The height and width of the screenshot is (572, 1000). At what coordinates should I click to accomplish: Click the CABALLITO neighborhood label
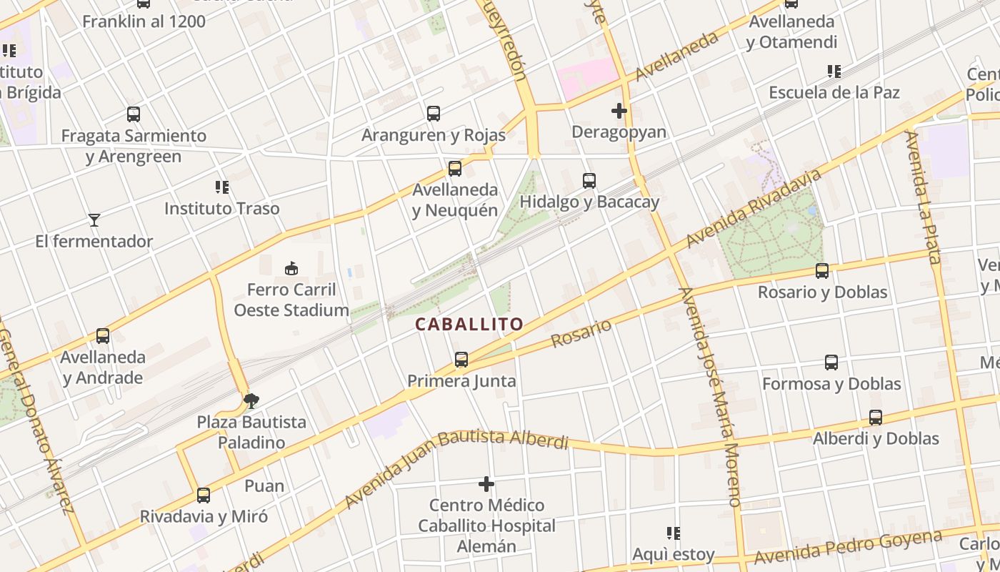469,324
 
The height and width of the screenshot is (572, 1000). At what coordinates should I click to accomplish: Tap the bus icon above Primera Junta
461,360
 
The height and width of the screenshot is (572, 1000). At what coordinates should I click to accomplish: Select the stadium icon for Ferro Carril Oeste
291,269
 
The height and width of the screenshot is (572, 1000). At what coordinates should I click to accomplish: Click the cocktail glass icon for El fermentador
94,220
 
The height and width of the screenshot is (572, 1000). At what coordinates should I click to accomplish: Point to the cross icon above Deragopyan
619,111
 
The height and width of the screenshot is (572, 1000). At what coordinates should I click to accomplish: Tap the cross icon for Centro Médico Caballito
486,484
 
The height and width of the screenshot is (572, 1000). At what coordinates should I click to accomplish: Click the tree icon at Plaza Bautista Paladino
251,400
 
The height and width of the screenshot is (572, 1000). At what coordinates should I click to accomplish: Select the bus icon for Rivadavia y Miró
204,495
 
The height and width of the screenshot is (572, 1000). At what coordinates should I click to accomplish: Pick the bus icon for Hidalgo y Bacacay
589,181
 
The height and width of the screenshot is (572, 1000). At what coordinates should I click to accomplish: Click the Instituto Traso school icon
222,187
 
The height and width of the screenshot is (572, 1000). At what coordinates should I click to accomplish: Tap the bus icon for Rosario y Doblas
822,271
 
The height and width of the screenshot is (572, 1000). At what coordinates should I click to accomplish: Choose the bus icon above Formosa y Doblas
831,363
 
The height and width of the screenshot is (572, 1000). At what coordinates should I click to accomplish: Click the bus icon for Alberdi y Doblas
876,418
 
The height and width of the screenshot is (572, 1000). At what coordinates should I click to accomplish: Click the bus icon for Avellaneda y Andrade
103,335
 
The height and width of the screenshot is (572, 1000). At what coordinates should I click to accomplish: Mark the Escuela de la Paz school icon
834,71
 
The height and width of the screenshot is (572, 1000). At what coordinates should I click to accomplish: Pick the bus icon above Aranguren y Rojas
434,114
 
